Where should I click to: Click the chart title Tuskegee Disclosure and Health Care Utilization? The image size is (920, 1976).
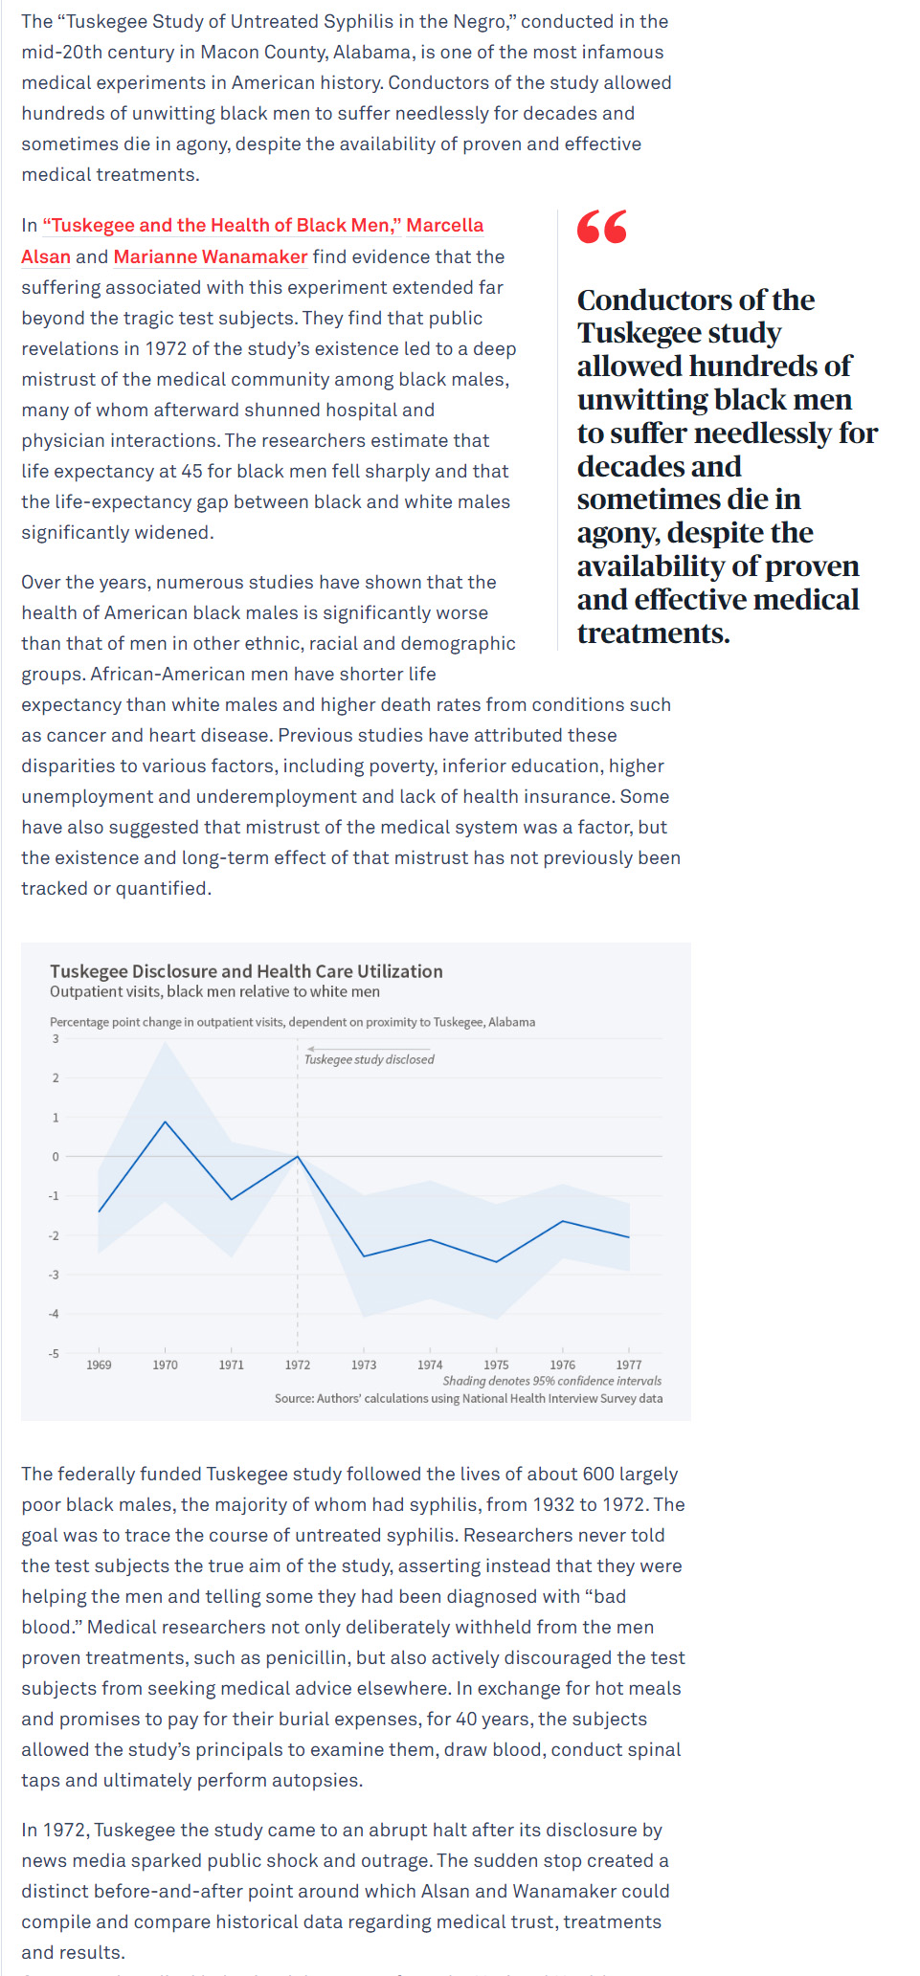[x=246, y=971]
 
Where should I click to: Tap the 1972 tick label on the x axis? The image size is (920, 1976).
[x=298, y=1365]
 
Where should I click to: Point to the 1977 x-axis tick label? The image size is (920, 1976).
[x=629, y=1365]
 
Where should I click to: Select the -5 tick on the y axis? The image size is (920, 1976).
[x=55, y=1353]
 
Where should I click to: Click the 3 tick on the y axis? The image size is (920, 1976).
[x=56, y=1039]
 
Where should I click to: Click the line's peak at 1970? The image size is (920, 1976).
[x=166, y=1121]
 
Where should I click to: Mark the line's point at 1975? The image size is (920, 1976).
[x=496, y=1262]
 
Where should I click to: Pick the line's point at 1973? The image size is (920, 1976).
[x=364, y=1256]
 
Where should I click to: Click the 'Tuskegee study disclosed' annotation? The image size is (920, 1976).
[x=370, y=1059]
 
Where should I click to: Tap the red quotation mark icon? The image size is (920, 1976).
[x=602, y=227]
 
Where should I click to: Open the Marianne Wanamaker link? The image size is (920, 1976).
[x=211, y=256]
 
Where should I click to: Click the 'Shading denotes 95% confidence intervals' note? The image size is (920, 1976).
[x=552, y=1381]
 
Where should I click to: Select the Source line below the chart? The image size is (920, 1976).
[x=469, y=1398]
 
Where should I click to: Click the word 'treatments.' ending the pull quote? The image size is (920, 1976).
[x=654, y=633]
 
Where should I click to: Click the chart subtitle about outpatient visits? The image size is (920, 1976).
[x=214, y=992]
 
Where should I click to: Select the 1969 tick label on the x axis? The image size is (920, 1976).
[x=99, y=1365]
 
